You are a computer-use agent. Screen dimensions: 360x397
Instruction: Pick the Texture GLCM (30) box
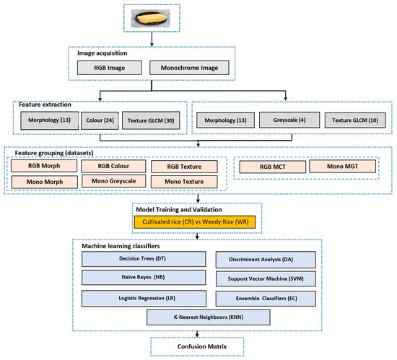point(152,118)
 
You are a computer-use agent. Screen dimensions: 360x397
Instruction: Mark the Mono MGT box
point(343,167)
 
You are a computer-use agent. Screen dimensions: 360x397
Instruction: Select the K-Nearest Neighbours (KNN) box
point(196,317)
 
